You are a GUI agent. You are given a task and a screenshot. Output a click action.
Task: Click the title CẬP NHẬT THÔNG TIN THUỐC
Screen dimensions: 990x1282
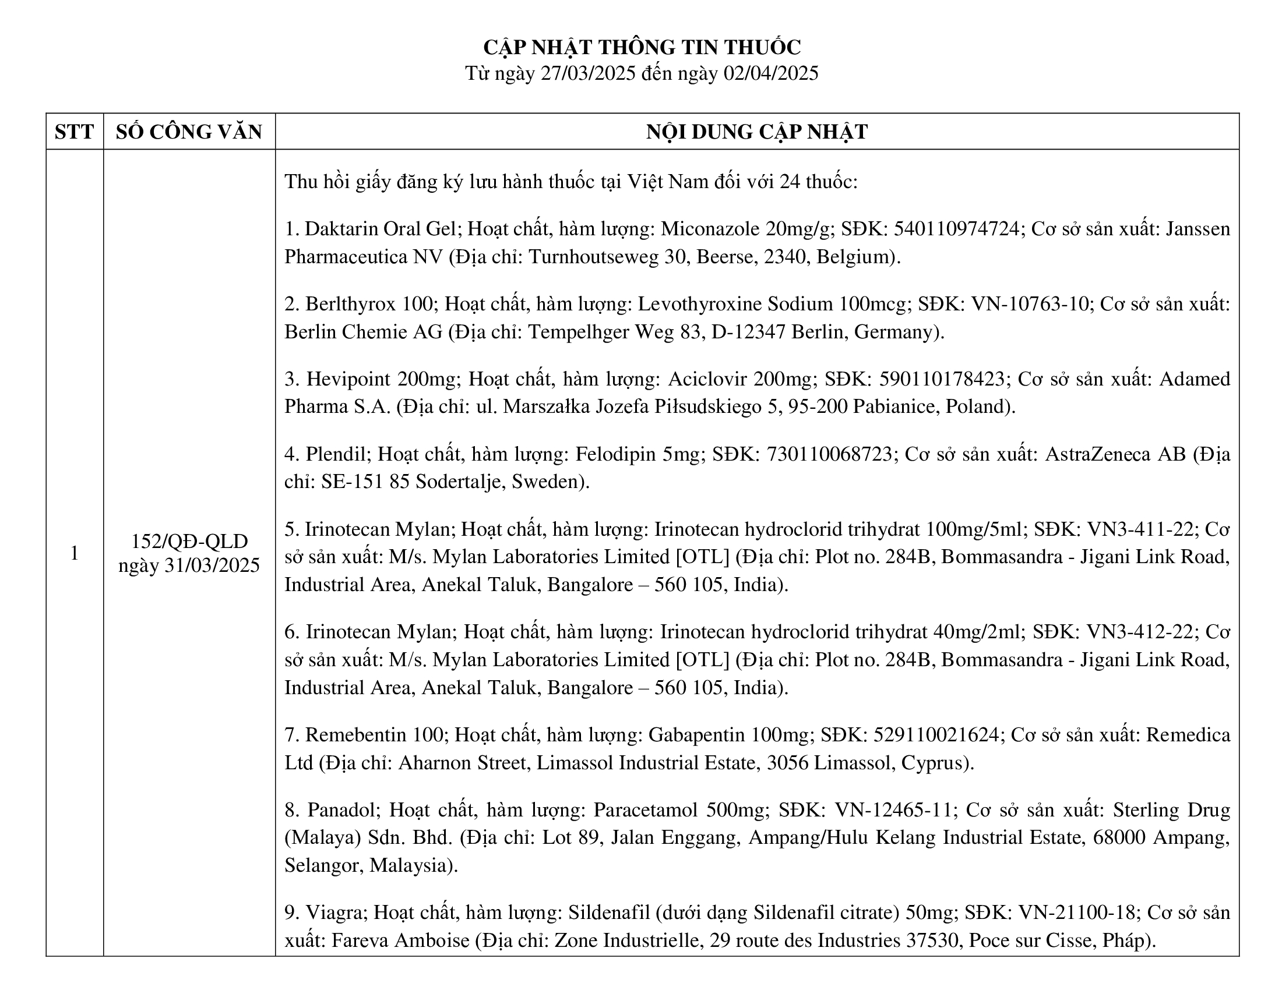point(642,47)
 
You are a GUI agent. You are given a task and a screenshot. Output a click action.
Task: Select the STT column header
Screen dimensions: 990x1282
point(74,132)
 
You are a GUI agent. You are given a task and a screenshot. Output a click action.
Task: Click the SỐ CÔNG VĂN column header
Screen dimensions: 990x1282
point(189,132)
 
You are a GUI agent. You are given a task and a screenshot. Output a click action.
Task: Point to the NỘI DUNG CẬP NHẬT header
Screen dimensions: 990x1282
point(756,132)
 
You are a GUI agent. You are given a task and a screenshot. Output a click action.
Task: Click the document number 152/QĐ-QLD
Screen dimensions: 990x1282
point(189,541)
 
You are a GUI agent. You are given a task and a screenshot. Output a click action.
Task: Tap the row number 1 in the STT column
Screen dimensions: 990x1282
point(74,553)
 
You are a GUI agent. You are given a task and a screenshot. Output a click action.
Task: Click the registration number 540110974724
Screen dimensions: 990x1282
point(956,229)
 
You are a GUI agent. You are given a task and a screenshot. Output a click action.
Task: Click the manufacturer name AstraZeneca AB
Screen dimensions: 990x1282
point(1115,454)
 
